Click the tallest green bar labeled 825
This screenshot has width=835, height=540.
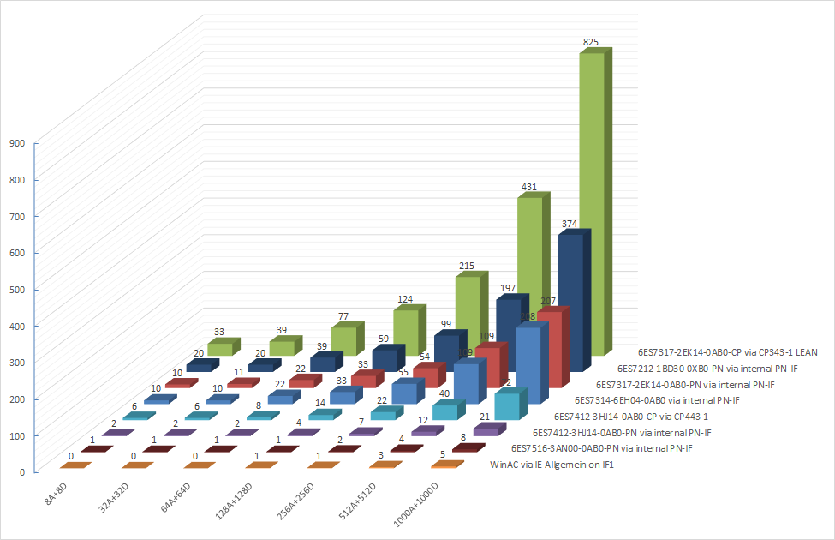click(592, 206)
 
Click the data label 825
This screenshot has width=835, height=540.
click(589, 40)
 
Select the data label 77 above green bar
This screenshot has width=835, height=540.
click(344, 316)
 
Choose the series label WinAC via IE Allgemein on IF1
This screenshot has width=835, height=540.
click(552, 465)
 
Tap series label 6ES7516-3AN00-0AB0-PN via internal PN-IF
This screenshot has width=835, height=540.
click(602, 448)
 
